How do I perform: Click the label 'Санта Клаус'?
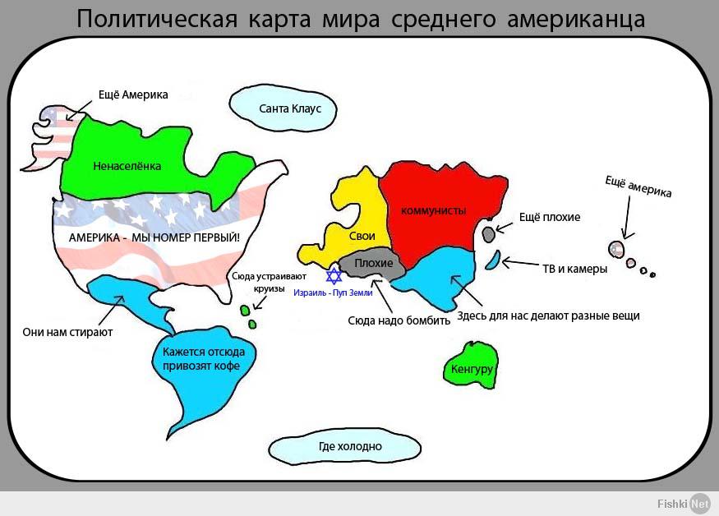pos(290,108)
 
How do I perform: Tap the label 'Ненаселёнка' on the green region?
pos(127,166)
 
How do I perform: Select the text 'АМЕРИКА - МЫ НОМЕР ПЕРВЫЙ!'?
pos(154,237)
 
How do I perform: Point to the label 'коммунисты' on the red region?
pos(433,210)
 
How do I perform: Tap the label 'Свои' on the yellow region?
pos(362,236)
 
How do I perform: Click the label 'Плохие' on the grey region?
pos(374,263)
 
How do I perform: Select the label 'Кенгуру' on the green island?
pos(472,369)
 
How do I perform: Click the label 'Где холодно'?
pos(350,446)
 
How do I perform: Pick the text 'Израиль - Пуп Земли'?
pos(333,293)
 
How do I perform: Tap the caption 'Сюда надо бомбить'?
pos(399,320)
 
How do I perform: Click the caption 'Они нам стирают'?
pos(67,332)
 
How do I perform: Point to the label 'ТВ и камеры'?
pos(575,269)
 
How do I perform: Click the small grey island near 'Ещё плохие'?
pos(489,234)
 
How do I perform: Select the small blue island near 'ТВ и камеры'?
pos(493,260)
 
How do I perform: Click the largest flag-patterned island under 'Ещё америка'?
pos(616,249)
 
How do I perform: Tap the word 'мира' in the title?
pos(351,19)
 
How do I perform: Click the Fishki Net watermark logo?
pos(683,503)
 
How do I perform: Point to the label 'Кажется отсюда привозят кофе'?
pos(204,359)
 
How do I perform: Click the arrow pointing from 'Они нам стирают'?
pos(110,311)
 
